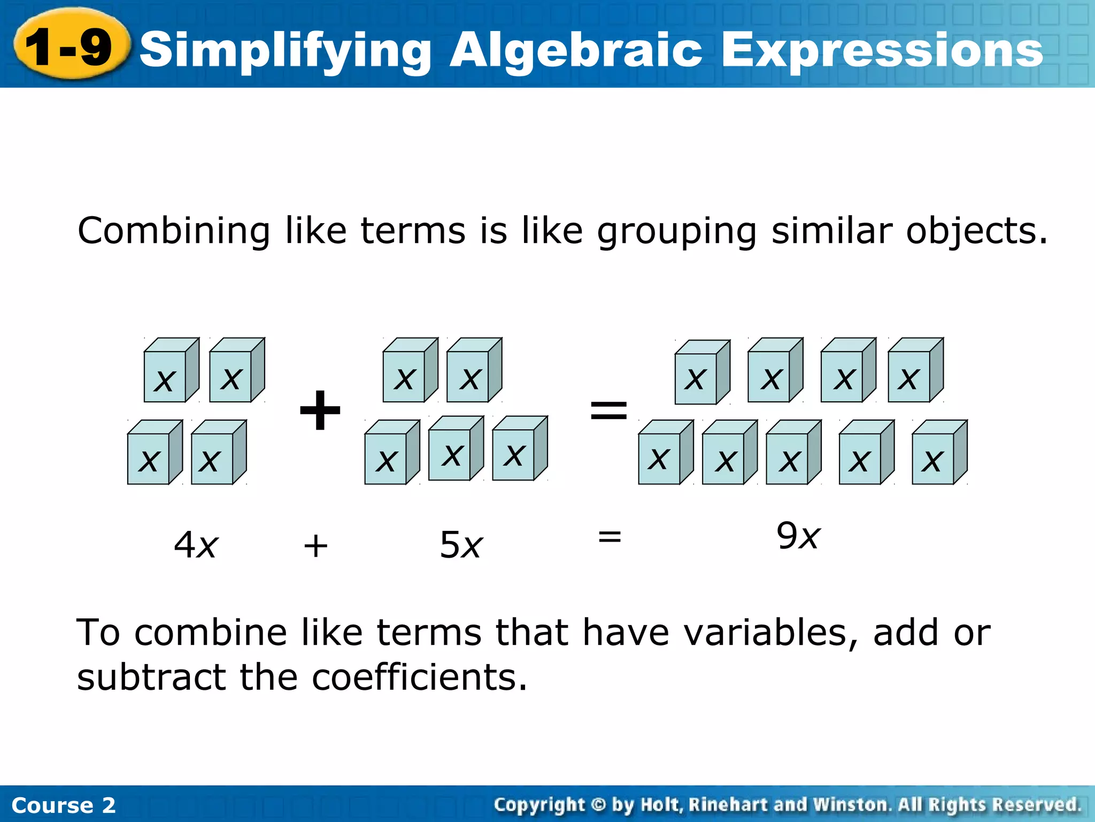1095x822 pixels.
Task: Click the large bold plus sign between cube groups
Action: click(320, 410)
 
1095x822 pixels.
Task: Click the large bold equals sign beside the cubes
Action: click(608, 410)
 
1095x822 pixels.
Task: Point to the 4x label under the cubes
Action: click(196, 545)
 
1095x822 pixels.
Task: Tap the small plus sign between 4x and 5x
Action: click(315, 546)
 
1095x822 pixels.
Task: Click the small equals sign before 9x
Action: click(610, 536)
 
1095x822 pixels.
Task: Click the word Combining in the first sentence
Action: click(174, 231)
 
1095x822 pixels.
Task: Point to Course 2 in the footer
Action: click(63, 805)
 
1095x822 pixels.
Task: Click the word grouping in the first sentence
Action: click(676, 231)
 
